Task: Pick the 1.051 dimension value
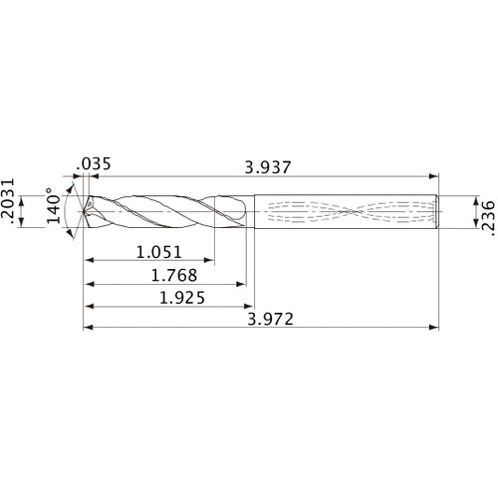[x=158, y=253]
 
